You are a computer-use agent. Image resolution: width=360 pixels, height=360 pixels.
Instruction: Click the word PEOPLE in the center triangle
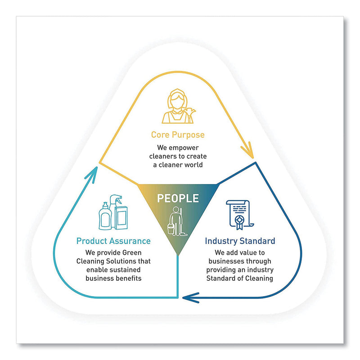pyautogui.click(x=177, y=198)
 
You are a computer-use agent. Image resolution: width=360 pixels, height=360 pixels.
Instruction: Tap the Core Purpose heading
pyautogui.click(x=178, y=135)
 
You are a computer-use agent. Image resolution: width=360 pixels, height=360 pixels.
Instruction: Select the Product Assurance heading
pyautogui.click(x=113, y=241)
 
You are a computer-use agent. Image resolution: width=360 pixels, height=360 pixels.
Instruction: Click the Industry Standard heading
pyautogui.click(x=240, y=241)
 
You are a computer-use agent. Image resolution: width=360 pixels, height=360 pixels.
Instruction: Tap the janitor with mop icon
pyautogui.click(x=177, y=220)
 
